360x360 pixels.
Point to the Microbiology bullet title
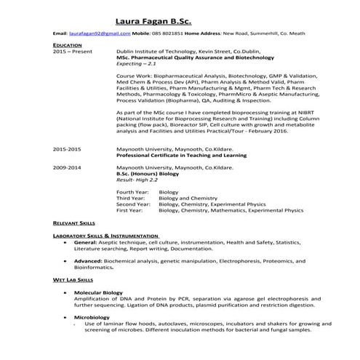pyautogui.click(x=91, y=317)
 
